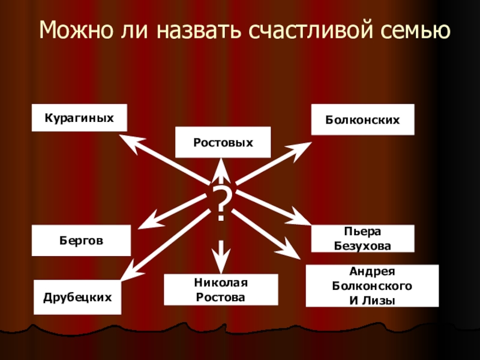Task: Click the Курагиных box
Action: (x=80, y=118)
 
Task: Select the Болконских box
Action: (x=362, y=120)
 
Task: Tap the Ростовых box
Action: (x=223, y=143)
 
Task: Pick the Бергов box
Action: (x=81, y=240)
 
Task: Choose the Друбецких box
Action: (x=77, y=297)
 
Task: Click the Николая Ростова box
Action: (x=221, y=289)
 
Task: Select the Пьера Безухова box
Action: (x=362, y=238)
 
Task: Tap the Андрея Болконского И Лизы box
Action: (x=372, y=286)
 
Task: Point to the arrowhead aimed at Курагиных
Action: (x=129, y=140)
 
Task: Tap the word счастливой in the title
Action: (x=312, y=29)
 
